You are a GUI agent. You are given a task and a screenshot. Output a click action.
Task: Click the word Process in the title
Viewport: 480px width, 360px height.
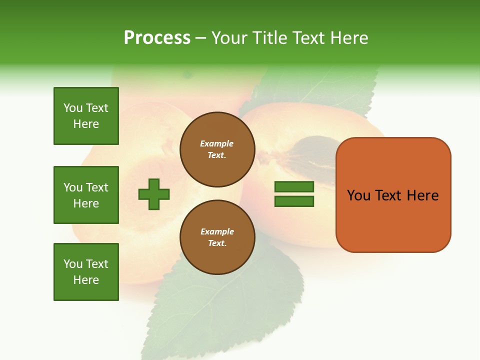(157, 38)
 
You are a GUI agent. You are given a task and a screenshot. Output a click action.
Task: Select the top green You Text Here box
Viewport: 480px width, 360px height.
(86, 116)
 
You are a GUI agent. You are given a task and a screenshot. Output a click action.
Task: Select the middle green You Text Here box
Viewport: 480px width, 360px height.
(86, 195)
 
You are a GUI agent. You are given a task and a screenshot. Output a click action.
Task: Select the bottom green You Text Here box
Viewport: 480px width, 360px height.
(86, 272)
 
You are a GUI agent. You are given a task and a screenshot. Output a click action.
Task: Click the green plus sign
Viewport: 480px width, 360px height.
(154, 194)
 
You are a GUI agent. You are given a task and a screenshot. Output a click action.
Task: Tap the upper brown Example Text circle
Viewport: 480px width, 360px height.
(217, 149)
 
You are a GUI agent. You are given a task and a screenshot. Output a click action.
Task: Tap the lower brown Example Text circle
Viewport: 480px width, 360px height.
(217, 237)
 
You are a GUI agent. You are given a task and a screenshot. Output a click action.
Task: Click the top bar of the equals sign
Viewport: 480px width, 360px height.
(294, 186)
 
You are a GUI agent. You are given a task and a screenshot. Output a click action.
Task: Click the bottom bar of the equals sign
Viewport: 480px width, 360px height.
(294, 201)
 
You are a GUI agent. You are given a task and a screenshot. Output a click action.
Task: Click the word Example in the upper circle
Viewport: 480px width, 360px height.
(217, 144)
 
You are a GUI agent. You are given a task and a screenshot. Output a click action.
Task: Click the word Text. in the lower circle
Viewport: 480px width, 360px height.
(217, 243)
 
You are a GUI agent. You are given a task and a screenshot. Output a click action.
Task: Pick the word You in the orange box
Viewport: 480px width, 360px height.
(359, 195)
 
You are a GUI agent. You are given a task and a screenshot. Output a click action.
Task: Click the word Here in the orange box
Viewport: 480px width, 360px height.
(422, 195)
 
